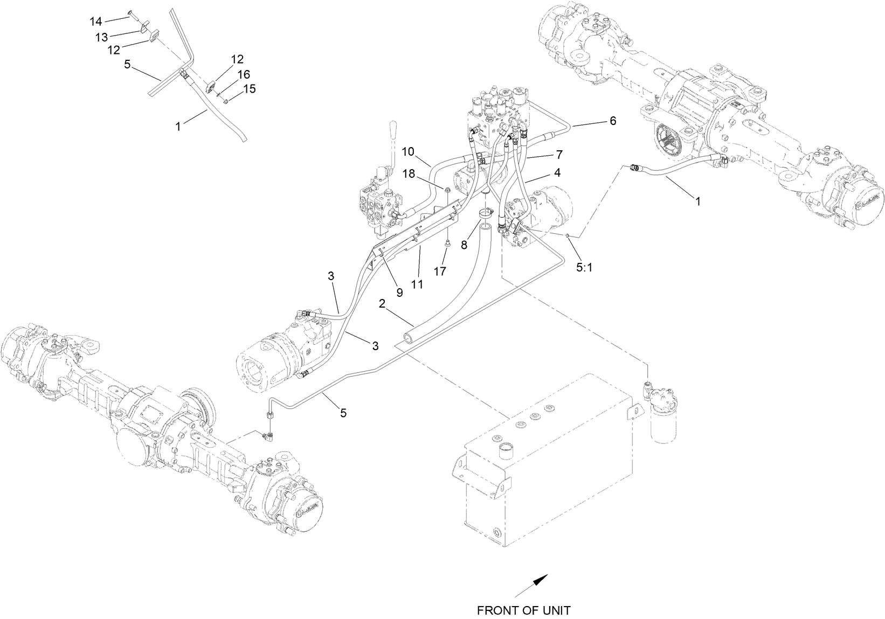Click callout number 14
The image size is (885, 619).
point(95,22)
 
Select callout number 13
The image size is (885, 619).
point(101,37)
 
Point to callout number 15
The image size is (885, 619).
point(250,88)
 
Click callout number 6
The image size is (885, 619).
point(612,121)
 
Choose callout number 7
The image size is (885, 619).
point(559,155)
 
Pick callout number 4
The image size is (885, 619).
point(557,173)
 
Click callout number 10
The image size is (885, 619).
point(408,152)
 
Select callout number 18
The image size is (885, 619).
point(409,173)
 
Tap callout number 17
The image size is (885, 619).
point(440,272)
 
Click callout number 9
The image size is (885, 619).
point(399,293)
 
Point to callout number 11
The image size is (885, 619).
point(417,283)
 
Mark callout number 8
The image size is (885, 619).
point(464,244)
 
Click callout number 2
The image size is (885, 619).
point(382,304)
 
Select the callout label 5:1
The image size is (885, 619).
point(584,267)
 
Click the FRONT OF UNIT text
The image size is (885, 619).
point(523,610)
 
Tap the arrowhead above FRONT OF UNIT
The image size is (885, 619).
point(541,580)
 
